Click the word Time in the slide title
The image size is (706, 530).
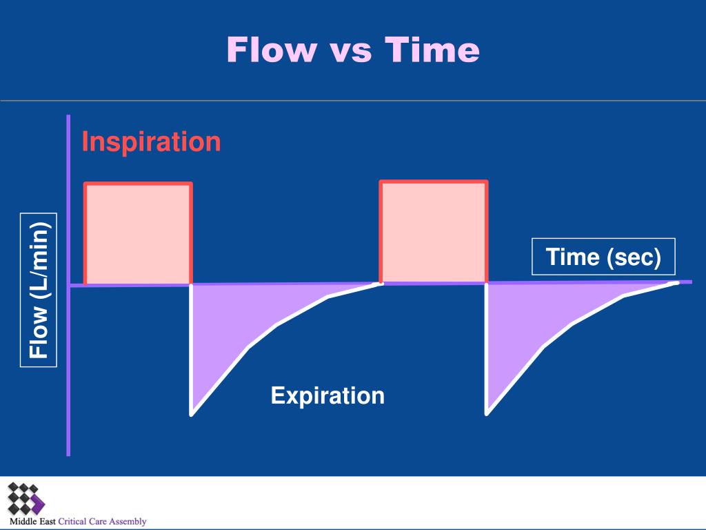(432, 50)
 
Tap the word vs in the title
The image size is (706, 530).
(352, 52)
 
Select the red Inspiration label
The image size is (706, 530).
(151, 141)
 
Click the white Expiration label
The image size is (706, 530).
(327, 395)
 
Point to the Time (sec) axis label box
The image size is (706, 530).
(603, 257)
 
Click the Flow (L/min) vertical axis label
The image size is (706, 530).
(39, 290)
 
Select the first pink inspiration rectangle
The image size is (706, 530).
(138, 234)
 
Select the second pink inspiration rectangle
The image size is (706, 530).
(434, 233)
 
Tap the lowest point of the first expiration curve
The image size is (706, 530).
(192, 415)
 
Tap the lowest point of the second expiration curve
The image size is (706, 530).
(487, 413)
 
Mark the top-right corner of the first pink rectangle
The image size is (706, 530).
(191, 184)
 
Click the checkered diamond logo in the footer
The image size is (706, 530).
(26, 498)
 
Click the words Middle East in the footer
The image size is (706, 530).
(32, 522)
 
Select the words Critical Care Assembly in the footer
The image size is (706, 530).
(102, 522)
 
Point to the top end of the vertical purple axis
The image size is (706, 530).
(68, 117)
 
